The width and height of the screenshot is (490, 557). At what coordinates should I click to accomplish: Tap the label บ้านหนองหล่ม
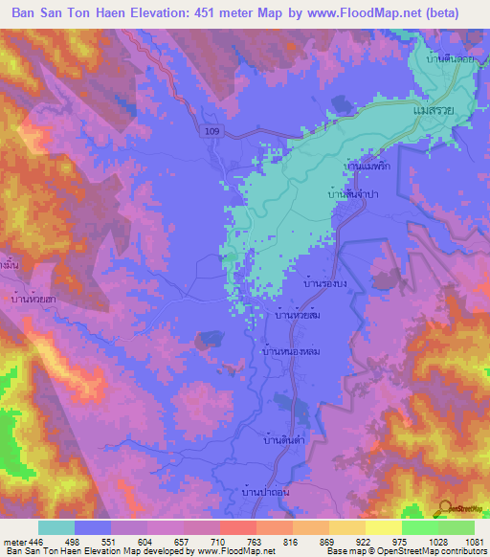pos(289,352)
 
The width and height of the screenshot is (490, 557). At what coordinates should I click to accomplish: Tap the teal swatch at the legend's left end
pos(56,527)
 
